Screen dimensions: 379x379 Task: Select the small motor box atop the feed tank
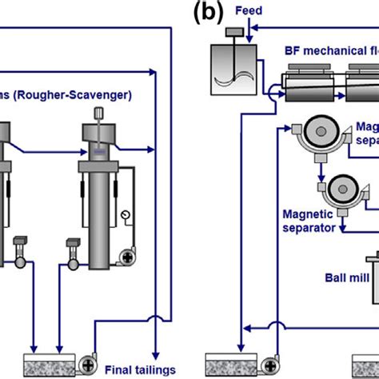click(x=234, y=32)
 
